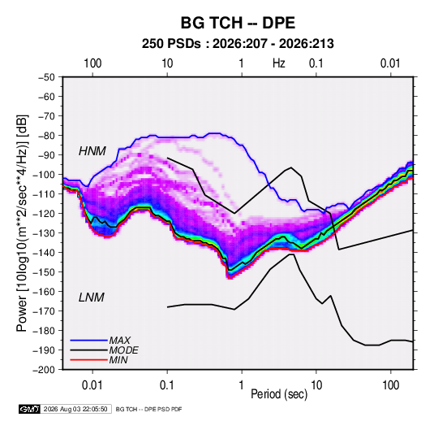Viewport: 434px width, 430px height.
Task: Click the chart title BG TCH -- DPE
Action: coord(238,23)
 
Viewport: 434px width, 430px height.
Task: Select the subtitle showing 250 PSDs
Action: coord(238,44)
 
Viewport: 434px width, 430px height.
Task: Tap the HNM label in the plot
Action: coord(92,151)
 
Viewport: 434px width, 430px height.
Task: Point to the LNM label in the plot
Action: coord(92,298)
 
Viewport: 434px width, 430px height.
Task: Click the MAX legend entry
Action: coord(119,341)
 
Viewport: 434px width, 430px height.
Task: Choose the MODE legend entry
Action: coord(124,350)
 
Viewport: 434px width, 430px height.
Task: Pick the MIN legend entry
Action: coord(118,360)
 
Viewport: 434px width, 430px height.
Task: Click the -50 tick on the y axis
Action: coord(46,77)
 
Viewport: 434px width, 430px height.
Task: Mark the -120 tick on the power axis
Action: coord(44,214)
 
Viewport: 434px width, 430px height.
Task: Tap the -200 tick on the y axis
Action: coord(44,370)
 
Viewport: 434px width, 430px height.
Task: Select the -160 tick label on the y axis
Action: coord(44,292)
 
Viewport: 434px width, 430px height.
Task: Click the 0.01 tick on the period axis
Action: coord(92,385)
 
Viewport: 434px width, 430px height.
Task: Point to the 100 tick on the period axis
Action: coord(390,385)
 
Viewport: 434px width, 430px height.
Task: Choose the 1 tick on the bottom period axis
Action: coord(242,385)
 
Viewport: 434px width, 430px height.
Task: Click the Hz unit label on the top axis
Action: coord(279,63)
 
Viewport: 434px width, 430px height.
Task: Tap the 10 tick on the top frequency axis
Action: coord(167,63)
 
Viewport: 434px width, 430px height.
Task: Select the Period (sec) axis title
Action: coord(279,394)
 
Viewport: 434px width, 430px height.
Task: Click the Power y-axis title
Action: coord(22,224)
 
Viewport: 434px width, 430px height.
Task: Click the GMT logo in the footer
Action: coord(30,409)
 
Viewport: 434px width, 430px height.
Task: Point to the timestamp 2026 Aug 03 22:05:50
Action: coord(75,409)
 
